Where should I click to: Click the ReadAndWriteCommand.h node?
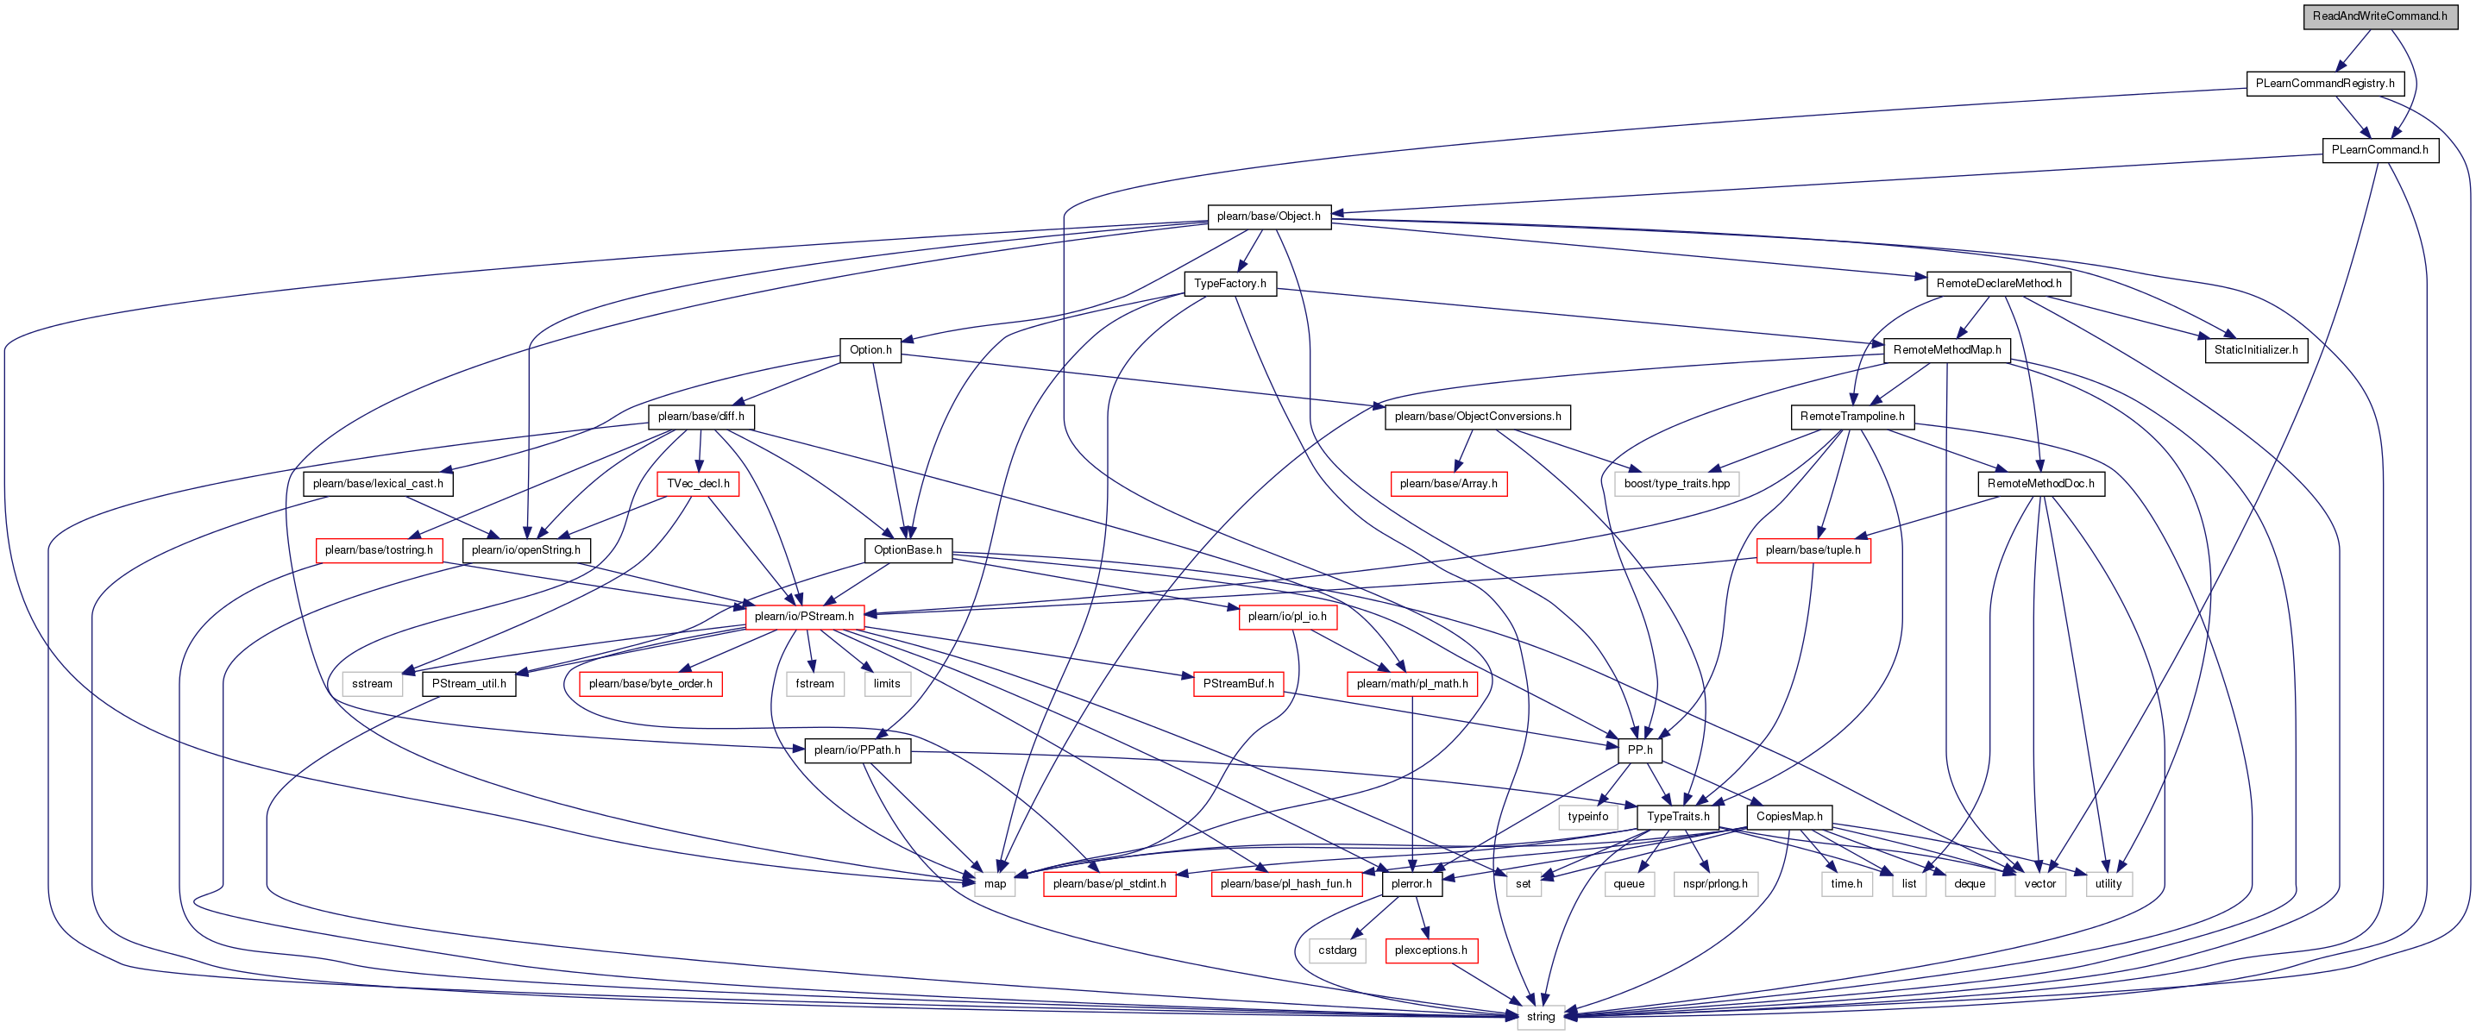click(x=2379, y=16)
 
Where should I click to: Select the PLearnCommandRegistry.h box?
click(x=2324, y=84)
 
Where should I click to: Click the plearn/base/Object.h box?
click(x=1268, y=216)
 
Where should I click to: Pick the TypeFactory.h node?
click(x=1229, y=284)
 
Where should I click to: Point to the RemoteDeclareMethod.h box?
click(x=1998, y=284)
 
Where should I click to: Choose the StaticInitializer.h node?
click(x=2255, y=350)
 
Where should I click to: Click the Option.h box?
click(x=870, y=350)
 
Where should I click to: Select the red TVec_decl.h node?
click(x=698, y=483)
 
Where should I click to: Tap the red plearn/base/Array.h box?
click(x=1448, y=483)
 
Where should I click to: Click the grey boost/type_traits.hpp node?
click(x=1676, y=483)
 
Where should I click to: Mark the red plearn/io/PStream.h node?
click(x=803, y=617)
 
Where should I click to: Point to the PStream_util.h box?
click(x=468, y=684)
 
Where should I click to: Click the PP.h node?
click(x=1640, y=750)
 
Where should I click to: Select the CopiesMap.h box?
click(x=1788, y=817)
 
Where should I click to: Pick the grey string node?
click(x=1540, y=1017)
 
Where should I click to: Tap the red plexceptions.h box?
click(x=1430, y=950)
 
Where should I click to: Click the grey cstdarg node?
click(x=1337, y=950)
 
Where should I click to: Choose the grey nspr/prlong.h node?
click(x=1715, y=884)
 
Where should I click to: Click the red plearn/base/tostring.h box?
click(x=379, y=550)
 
